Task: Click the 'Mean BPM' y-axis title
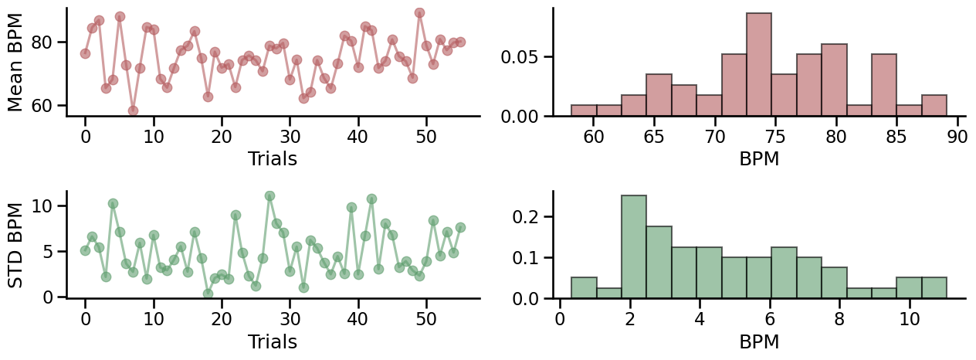point(15,62)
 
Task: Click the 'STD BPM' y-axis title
point(15,245)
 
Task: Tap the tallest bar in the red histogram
point(758,65)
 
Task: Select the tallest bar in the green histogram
point(634,247)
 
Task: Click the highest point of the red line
point(419,13)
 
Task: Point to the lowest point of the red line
point(133,110)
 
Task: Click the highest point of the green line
point(269,196)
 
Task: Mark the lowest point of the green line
point(208,294)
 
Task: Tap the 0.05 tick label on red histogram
point(526,57)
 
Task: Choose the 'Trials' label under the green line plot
point(273,341)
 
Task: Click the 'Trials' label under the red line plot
point(273,158)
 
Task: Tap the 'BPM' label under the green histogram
point(759,341)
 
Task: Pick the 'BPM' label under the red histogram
point(759,158)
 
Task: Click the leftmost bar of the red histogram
point(584,110)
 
